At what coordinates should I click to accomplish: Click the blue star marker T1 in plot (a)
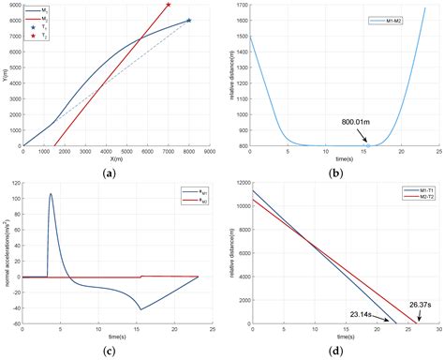pyautogui.click(x=188, y=20)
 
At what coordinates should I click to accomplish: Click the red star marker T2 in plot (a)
pyautogui.click(x=168, y=5)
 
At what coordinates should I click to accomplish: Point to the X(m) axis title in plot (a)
pyautogui.click(x=116, y=159)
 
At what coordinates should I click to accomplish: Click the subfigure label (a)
pyautogui.click(x=116, y=172)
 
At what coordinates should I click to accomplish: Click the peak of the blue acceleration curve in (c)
pyautogui.click(x=51, y=194)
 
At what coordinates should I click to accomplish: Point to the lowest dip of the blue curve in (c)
pyautogui.click(x=141, y=309)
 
